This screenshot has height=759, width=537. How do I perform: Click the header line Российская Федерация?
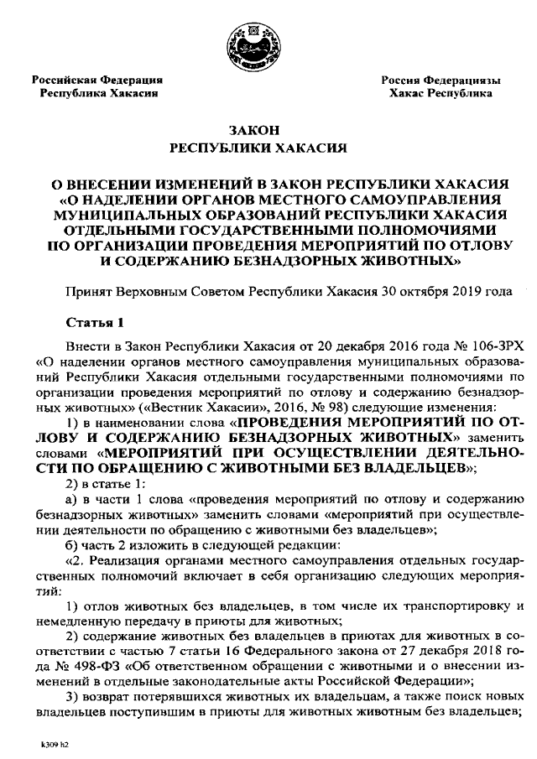tap(97, 81)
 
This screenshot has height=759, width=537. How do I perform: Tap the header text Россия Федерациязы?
tap(441, 81)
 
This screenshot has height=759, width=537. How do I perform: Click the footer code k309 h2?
tap(54, 744)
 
